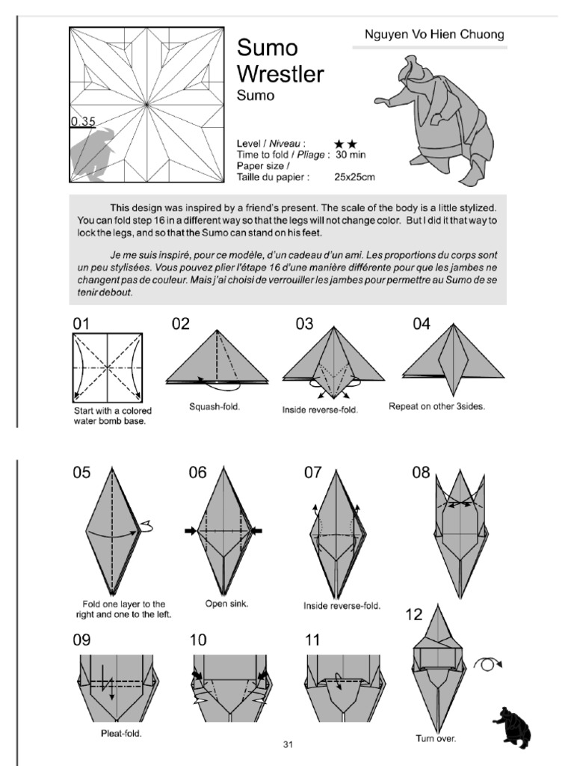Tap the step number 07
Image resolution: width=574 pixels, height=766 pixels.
coord(312,473)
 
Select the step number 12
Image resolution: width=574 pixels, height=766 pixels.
coord(414,615)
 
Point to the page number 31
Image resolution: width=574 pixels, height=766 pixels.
coord(288,744)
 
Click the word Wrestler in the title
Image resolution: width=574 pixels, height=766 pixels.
coord(280,74)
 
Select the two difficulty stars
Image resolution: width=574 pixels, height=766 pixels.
coord(345,143)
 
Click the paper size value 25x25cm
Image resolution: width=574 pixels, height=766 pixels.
coord(355,177)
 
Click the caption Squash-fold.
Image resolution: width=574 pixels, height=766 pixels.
coord(215,408)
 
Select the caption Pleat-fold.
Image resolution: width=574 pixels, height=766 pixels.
coord(121,733)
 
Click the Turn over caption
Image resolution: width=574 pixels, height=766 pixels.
coord(436,738)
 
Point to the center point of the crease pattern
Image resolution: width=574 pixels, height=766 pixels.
coord(148,105)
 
